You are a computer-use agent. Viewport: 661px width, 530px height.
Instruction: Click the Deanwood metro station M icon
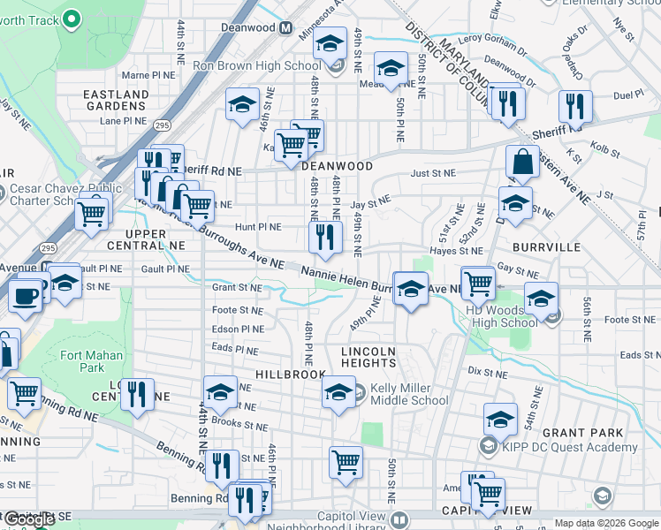[285, 28]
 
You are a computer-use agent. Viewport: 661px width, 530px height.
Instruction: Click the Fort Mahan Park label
[82, 361]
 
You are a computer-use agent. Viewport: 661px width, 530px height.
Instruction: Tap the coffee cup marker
[26, 294]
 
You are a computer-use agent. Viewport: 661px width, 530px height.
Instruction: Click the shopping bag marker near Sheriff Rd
[522, 163]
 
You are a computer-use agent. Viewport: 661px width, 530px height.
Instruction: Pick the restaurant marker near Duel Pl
[575, 107]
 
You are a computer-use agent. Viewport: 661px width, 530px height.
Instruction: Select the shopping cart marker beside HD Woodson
[478, 283]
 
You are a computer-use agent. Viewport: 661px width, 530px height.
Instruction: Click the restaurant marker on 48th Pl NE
[325, 237]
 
